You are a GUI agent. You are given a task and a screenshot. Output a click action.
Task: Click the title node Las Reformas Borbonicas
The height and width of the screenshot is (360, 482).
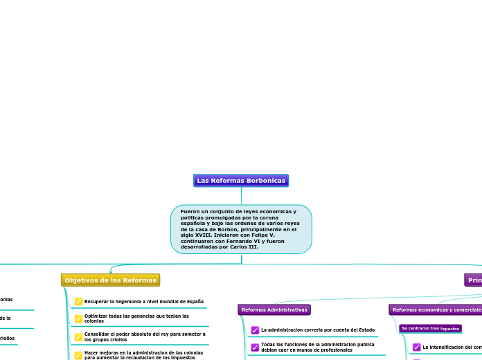(x=241, y=181)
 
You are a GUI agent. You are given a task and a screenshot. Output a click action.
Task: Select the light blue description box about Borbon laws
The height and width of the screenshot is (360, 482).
(x=241, y=228)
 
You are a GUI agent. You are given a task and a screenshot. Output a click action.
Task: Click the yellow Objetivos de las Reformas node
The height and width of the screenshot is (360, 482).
(x=110, y=280)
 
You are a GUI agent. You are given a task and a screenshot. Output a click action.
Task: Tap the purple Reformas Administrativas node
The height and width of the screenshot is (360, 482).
(x=274, y=310)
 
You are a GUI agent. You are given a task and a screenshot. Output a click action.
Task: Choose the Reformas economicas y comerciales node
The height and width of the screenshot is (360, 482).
(x=436, y=310)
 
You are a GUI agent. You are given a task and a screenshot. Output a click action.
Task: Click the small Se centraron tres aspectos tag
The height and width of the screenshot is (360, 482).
(x=430, y=328)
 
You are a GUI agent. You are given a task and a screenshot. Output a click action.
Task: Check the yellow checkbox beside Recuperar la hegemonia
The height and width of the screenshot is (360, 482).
(x=79, y=302)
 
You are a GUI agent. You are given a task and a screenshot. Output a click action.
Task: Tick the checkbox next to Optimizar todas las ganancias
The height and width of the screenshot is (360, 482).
(x=79, y=318)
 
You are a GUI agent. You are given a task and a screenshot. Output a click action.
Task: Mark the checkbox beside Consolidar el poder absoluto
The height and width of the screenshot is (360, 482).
(x=79, y=336)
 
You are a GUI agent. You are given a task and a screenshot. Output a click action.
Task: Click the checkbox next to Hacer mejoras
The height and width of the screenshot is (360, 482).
(x=79, y=355)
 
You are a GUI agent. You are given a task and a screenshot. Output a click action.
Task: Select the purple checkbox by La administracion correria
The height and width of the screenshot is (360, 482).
(x=256, y=330)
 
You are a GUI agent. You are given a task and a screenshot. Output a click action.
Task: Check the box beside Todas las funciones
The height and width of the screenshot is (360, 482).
(x=256, y=347)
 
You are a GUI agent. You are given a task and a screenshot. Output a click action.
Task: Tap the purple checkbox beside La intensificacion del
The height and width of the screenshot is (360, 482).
(x=417, y=348)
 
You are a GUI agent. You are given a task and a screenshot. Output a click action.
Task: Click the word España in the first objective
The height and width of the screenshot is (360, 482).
(x=195, y=302)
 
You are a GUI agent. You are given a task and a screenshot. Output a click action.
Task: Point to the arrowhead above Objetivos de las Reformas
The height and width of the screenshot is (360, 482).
(x=111, y=272)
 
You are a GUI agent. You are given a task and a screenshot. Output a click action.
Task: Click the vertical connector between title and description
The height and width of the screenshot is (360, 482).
(x=241, y=196)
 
